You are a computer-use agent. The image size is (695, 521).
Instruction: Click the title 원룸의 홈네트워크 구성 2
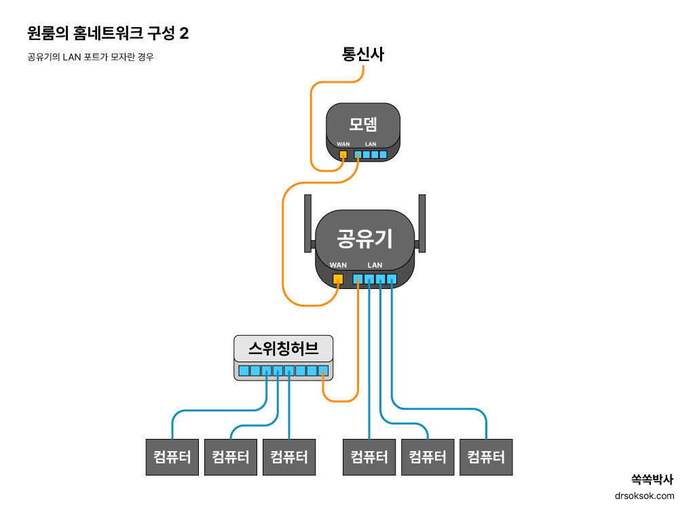click(x=108, y=33)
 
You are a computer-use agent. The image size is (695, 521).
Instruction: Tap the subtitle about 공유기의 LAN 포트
click(x=90, y=58)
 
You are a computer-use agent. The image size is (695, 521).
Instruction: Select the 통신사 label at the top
click(x=362, y=55)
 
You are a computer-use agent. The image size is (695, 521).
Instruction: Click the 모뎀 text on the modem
click(x=363, y=124)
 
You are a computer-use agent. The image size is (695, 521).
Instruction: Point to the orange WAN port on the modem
click(x=343, y=155)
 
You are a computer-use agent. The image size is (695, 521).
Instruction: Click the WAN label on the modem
click(x=343, y=144)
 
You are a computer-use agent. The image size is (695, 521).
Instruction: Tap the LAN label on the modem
click(x=371, y=144)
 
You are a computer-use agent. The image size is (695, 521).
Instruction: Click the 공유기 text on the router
click(x=365, y=238)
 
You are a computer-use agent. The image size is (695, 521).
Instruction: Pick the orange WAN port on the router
click(x=337, y=278)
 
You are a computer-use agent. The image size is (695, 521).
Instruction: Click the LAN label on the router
click(x=375, y=265)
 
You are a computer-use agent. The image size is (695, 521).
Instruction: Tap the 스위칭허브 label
click(x=284, y=349)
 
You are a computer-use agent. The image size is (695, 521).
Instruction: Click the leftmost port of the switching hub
click(x=244, y=370)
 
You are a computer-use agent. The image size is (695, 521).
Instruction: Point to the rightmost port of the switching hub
click(x=323, y=370)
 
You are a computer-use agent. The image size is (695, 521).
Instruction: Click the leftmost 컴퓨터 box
click(x=172, y=457)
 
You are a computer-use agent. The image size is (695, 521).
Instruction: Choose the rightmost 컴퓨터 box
click(x=486, y=457)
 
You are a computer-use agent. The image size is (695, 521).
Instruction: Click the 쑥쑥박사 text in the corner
click(x=652, y=479)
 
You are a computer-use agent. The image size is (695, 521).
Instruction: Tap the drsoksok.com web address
click(x=644, y=496)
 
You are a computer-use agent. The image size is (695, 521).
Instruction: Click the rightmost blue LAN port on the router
click(x=391, y=278)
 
